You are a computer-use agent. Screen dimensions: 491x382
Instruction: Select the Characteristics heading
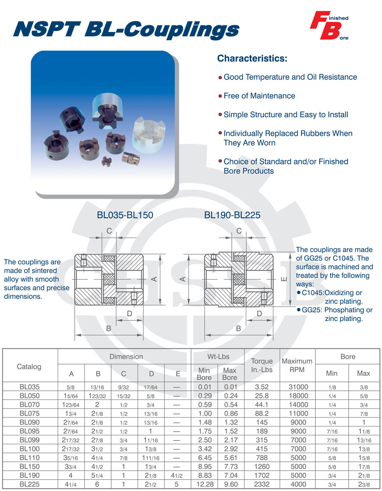[x=252, y=58]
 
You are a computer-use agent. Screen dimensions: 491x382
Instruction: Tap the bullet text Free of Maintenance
[x=259, y=96]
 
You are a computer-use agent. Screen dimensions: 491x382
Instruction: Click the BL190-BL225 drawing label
[x=232, y=215]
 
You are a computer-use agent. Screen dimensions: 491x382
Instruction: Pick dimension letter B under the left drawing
[x=109, y=328]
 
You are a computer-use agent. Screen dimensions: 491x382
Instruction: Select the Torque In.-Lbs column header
[x=262, y=365]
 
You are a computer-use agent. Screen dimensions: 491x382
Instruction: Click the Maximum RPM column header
[x=297, y=365]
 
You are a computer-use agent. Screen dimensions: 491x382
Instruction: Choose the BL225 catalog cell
[x=30, y=484]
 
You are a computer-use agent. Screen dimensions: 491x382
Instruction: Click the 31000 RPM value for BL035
[x=297, y=387]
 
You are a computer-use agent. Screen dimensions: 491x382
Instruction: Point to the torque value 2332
[x=262, y=484]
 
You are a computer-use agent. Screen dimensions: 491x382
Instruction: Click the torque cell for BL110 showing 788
[x=262, y=458]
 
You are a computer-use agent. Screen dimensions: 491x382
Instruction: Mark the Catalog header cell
[x=29, y=366]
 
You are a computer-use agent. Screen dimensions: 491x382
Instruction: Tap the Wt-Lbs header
[x=218, y=356]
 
